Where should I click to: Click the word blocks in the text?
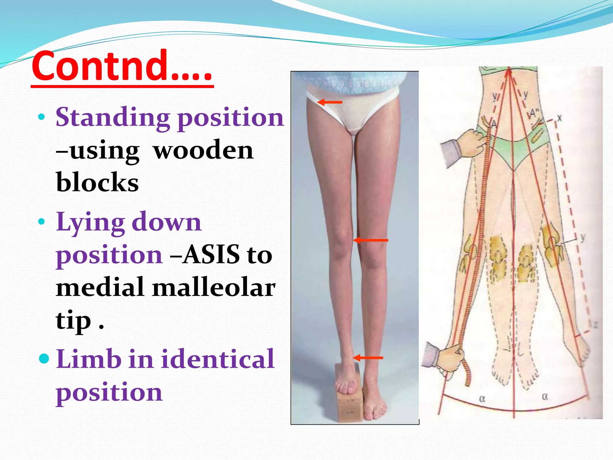tap(97, 182)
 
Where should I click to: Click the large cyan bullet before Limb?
tap(44, 358)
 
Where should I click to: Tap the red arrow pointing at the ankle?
tap(368, 358)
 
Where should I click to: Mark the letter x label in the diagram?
tap(559, 118)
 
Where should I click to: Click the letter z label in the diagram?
tap(596, 324)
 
